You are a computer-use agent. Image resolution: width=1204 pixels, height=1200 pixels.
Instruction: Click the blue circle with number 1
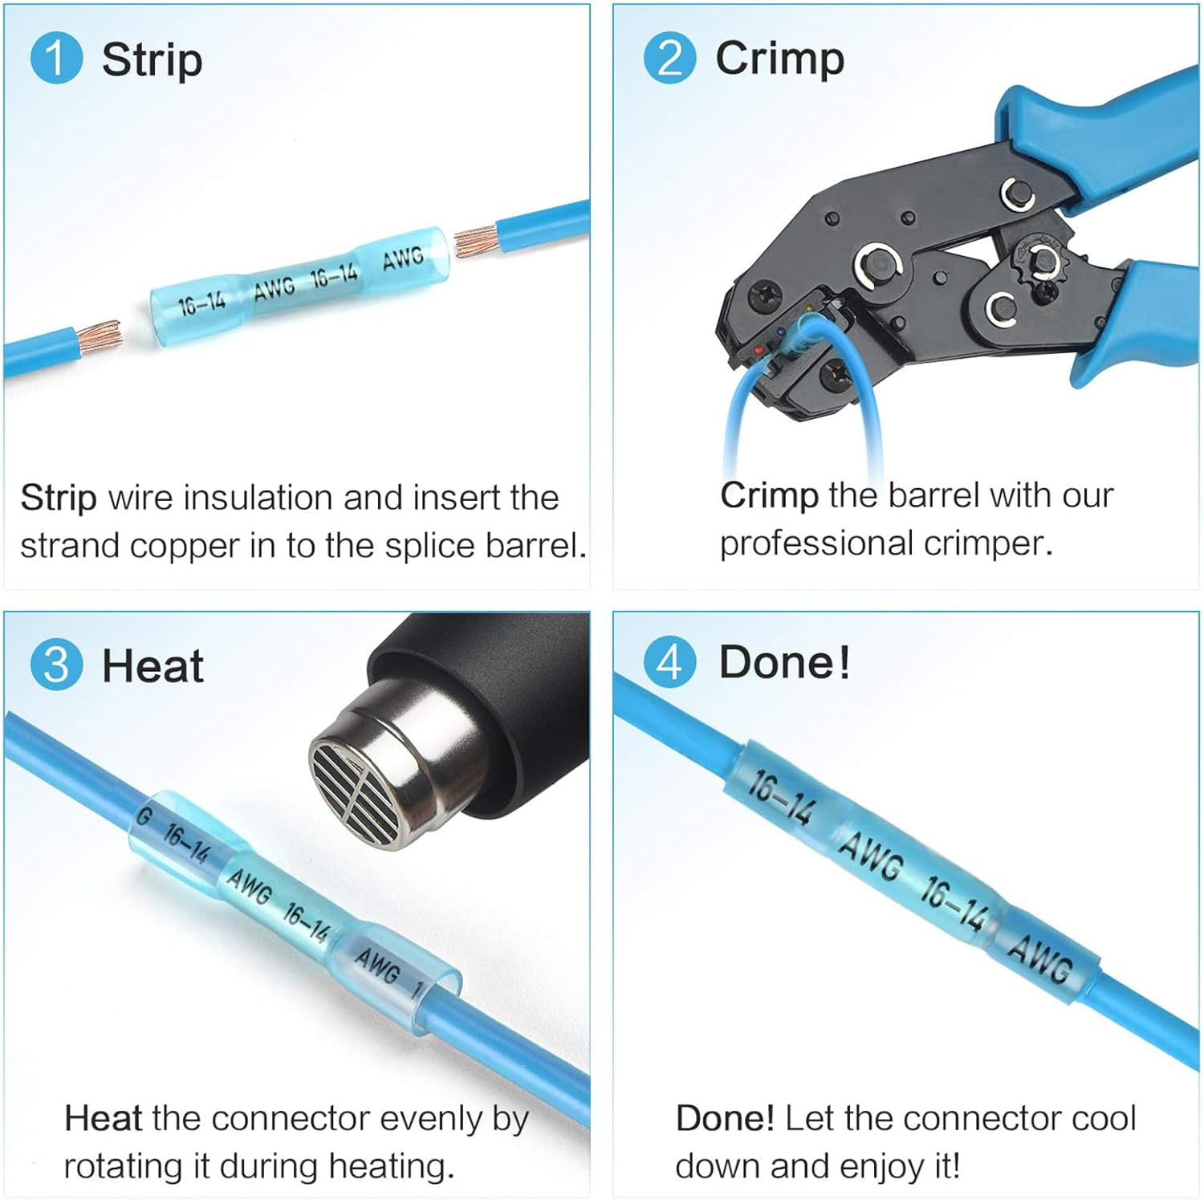pos(56,58)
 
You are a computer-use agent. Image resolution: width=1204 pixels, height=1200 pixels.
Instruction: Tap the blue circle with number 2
pos(669,58)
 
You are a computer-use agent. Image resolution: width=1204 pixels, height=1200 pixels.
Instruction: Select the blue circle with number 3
pos(56,665)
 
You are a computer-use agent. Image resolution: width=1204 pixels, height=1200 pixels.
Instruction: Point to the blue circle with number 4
pos(669,663)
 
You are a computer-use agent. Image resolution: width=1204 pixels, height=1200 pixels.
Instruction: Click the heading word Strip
pos(152,61)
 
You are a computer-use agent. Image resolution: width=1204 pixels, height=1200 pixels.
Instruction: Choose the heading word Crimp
pos(779,59)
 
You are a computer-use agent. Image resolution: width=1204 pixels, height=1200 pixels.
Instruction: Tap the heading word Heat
pos(153,666)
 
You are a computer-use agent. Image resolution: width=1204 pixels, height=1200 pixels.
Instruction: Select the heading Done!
pos(784,662)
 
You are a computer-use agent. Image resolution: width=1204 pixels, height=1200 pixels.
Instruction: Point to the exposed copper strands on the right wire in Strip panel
pos(475,241)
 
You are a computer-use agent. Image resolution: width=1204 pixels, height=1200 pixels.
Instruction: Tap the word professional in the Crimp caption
pos(816,544)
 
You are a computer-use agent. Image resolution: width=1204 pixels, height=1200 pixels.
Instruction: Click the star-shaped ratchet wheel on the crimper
pos(1044,261)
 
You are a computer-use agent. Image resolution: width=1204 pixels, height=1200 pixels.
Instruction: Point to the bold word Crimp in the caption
pos(769,496)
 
